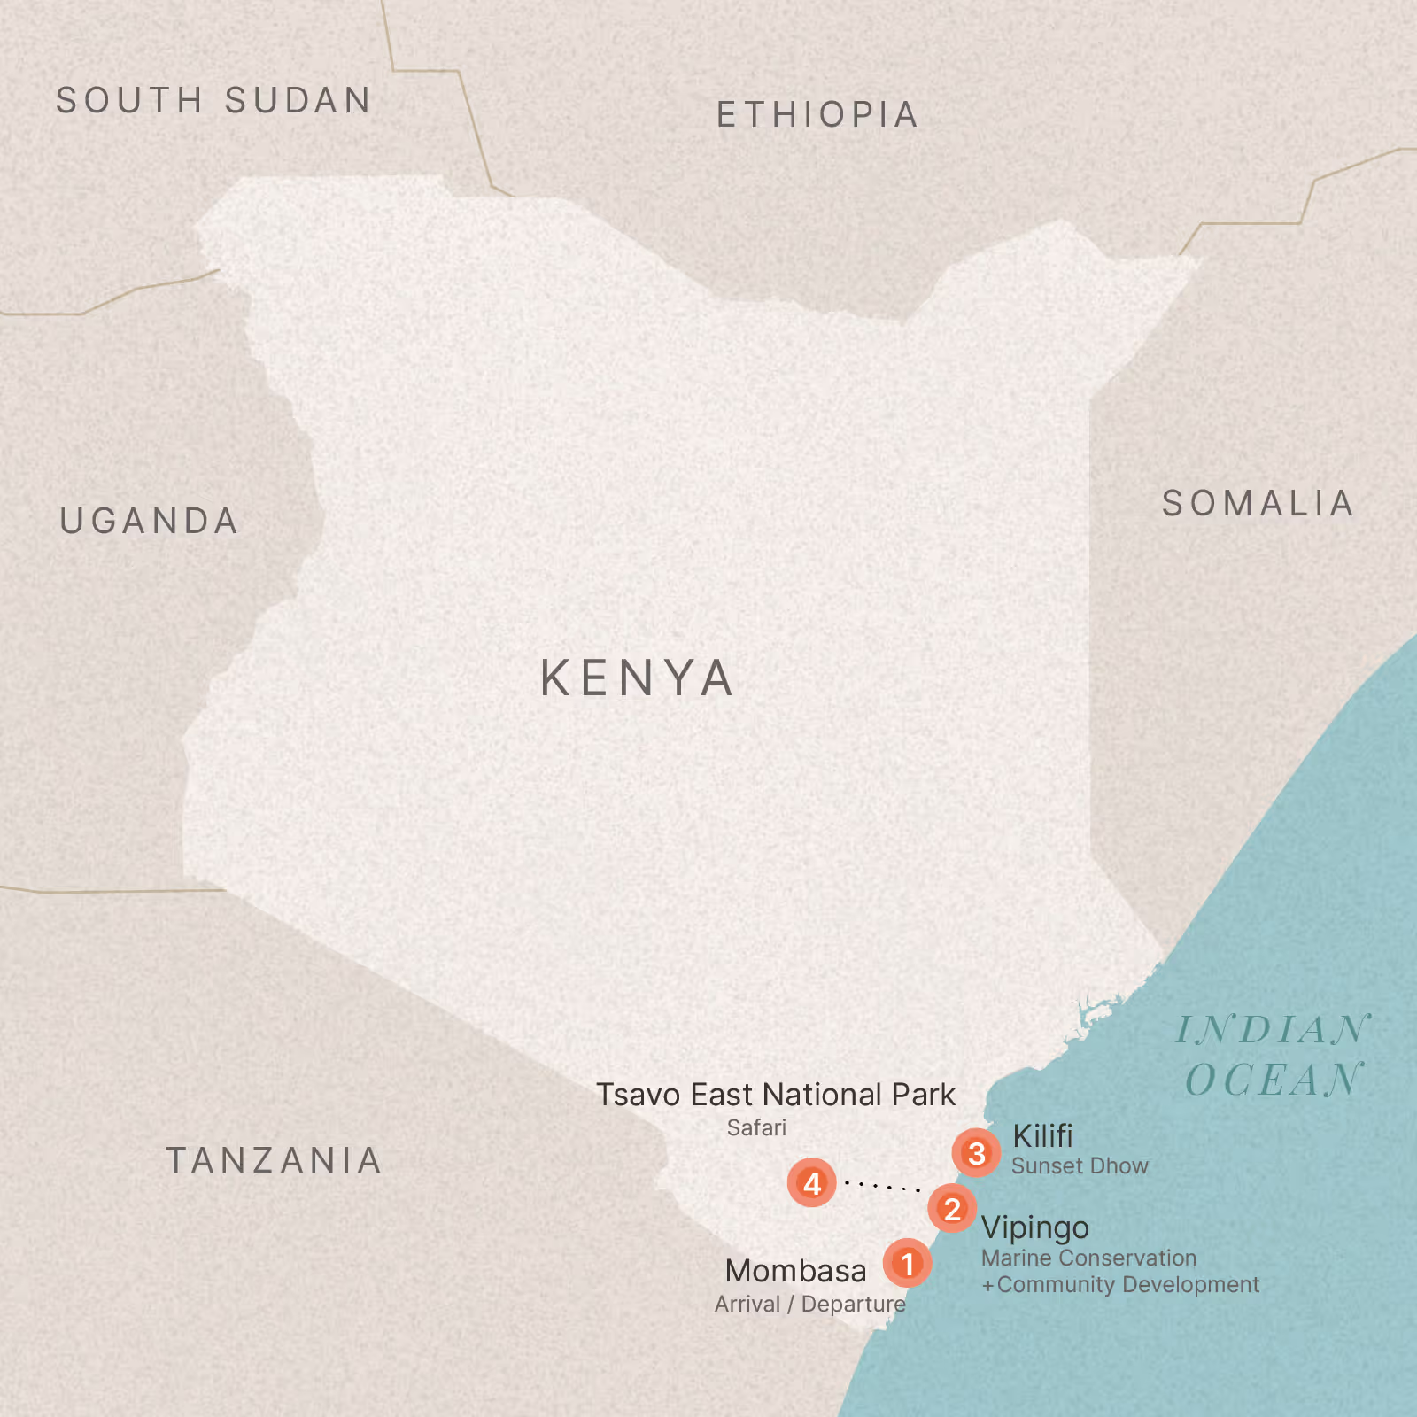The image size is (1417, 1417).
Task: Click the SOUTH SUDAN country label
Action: pyautogui.click(x=213, y=101)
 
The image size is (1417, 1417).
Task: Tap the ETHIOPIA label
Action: pyautogui.click(x=817, y=115)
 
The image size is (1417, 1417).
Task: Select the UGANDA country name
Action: pyautogui.click(x=150, y=522)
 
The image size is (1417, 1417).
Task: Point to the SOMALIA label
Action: pyautogui.click(x=1258, y=504)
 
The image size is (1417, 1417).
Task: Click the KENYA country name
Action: pyautogui.click(x=638, y=678)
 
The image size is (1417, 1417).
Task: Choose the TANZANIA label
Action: pyautogui.click(x=275, y=1161)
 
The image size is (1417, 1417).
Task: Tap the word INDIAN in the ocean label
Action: pyautogui.click(x=1273, y=1030)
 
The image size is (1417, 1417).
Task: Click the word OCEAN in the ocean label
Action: pyautogui.click(x=1274, y=1080)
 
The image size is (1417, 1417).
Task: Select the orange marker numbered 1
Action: pyautogui.click(x=907, y=1264)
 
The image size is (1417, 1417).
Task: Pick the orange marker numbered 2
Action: pyautogui.click(x=952, y=1209)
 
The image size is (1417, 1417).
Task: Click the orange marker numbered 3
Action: pyautogui.click(x=976, y=1153)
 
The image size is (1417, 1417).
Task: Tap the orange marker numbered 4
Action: pyautogui.click(x=811, y=1183)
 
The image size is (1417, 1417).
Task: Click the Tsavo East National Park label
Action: pyautogui.click(x=775, y=1096)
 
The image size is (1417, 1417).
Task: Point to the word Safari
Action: pyautogui.click(x=756, y=1128)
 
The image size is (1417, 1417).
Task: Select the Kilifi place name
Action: pyautogui.click(x=1042, y=1136)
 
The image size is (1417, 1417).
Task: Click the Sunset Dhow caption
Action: pyautogui.click(x=1080, y=1166)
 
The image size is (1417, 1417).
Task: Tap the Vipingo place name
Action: pyautogui.click(x=1035, y=1228)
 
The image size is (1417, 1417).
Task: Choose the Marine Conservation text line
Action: pyautogui.click(x=1088, y=1258)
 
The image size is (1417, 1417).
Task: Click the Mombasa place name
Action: pyautogui.click(x=795, y=1272)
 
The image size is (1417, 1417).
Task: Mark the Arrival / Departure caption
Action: pyautogui.click(x=809, y=1305)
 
